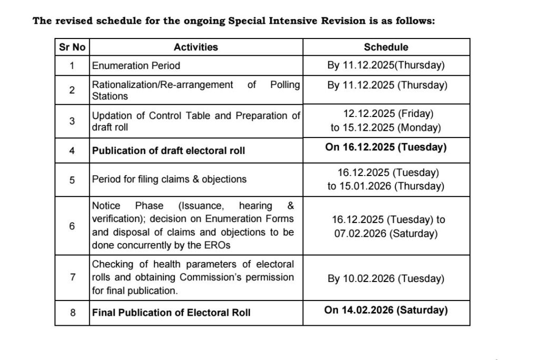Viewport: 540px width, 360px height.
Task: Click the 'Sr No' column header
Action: point(72,47)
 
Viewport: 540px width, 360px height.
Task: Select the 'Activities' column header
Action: point(196,47)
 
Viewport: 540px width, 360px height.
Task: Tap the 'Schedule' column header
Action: point(386,47)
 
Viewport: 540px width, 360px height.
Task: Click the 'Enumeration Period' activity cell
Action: point(136,66)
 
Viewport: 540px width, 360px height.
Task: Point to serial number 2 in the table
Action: point(72,90)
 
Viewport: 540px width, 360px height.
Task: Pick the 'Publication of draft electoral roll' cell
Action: point(169,151)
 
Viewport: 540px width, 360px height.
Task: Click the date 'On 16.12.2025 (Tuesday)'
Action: point(386,147)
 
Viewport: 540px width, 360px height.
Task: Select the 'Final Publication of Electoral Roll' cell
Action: point(171,313)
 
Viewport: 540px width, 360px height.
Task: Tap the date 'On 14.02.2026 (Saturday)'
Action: point(386,310)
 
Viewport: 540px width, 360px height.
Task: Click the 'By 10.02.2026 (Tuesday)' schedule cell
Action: point(386,279)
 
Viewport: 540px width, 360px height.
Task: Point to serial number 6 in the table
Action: point(72,226)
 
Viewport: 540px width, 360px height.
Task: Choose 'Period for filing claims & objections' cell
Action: point(169,179)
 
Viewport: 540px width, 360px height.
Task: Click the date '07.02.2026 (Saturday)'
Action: point(386,233)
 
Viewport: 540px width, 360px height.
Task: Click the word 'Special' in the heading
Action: point(250,21)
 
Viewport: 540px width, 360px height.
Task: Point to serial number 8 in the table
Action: point(72,313)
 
